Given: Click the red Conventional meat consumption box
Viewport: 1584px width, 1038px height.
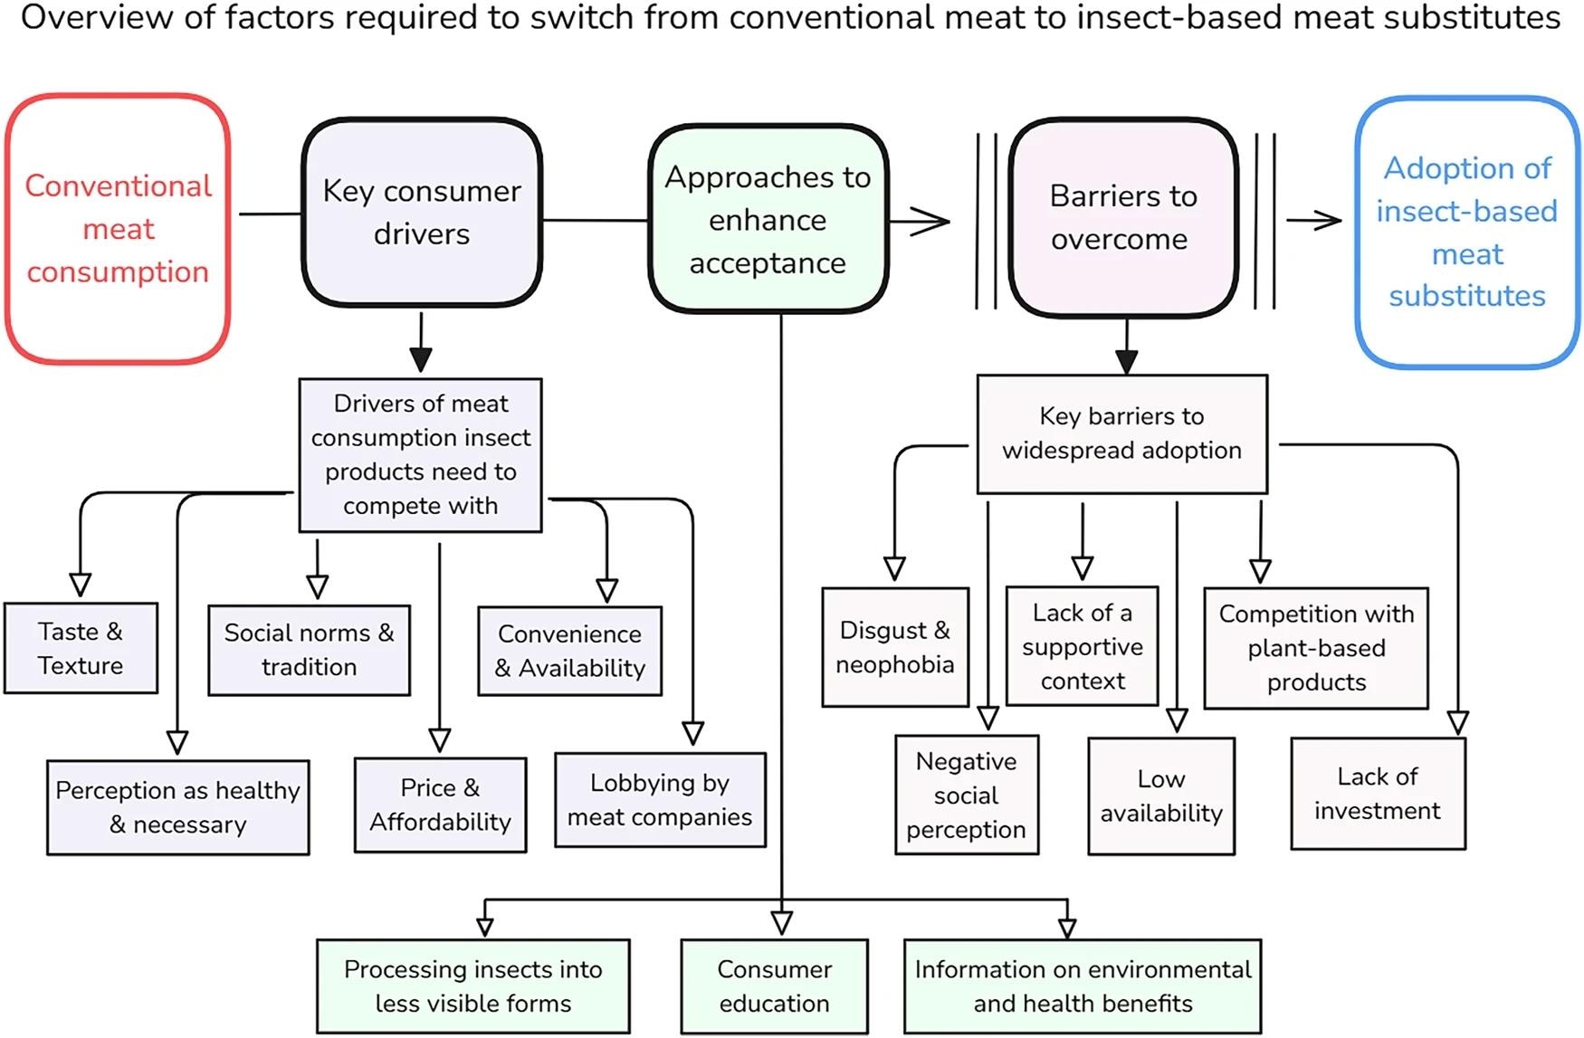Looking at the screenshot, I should click(118, 229).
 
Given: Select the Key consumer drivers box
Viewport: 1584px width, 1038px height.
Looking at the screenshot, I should click(422, 213).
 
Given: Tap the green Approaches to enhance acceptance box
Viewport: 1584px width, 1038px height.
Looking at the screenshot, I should click(768, 220).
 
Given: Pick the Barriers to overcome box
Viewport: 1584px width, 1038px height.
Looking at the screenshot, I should click(1123, 218).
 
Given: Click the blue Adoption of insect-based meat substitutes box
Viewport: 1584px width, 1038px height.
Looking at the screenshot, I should click(1466, 233).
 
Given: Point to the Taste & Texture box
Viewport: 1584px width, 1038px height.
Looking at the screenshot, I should click(81, 648).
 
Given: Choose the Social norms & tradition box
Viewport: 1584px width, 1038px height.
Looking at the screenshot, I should click(309, 650).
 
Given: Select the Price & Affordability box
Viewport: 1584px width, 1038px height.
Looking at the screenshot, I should click(440, 805).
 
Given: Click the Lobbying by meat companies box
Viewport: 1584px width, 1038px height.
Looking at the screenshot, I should click(660, 800).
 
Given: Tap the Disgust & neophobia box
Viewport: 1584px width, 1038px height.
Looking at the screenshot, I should click(894, 647).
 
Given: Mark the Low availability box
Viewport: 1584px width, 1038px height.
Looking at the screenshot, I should click(1161, 796).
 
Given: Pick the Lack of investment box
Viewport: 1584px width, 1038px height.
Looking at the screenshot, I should click(1377, 794).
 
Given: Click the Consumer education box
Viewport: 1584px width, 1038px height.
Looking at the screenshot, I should click(774, 986).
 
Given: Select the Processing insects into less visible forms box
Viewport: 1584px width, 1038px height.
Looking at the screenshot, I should click(472, 986).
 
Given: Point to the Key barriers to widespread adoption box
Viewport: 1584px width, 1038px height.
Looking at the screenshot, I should click(1121, 433).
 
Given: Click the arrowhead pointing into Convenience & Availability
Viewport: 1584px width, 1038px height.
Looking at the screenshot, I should click(607, 591).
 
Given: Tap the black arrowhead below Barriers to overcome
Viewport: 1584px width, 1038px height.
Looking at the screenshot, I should click(1126, 361).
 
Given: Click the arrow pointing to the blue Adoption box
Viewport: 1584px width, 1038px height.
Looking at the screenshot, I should click(1317, 220).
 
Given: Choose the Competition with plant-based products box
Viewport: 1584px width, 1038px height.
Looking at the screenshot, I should click(1316, 648).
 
